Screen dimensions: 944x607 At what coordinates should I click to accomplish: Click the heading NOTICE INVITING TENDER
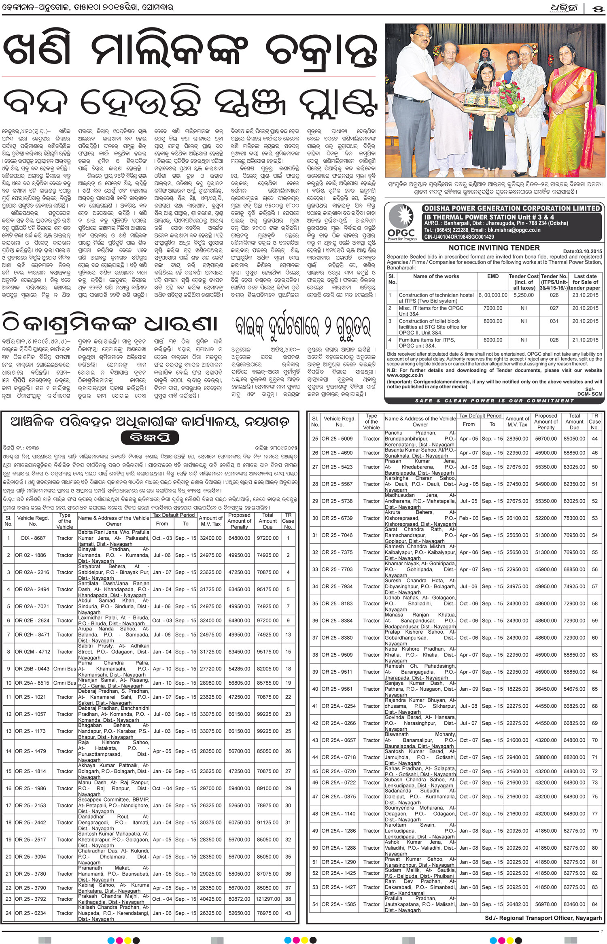click(494, 248)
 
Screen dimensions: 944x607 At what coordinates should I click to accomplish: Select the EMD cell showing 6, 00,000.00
click(492, 295)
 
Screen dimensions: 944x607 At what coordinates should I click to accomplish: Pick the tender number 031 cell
click(554, 321)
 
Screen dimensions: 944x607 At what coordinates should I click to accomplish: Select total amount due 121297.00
click(267, 899)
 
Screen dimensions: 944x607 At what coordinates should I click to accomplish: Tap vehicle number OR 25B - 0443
click(32, 669)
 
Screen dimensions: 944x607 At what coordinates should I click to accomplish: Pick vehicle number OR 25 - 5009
click(337, 438)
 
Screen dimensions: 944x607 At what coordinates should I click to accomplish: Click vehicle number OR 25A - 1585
click(339, 904)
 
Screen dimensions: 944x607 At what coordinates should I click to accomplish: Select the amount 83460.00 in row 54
click(574, 904)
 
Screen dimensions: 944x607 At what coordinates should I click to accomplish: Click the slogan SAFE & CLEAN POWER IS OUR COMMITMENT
click(494, 401)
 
